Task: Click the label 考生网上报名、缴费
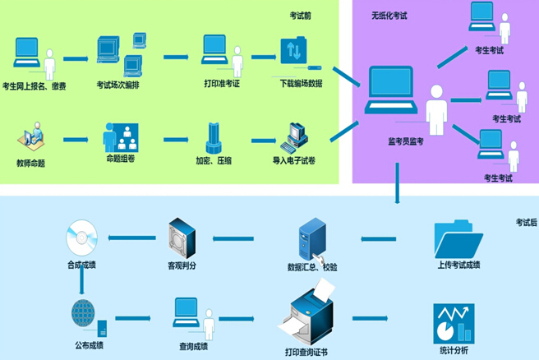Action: tap(35, 86)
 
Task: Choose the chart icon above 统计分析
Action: tap(454, 323)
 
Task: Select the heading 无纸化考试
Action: tap(389, 16)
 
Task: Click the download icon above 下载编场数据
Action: tap(293, 53)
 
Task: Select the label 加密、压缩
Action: tap(213, 161)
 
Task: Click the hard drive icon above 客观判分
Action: tap(182, 238)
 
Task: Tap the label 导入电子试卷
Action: tap(293, 161)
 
